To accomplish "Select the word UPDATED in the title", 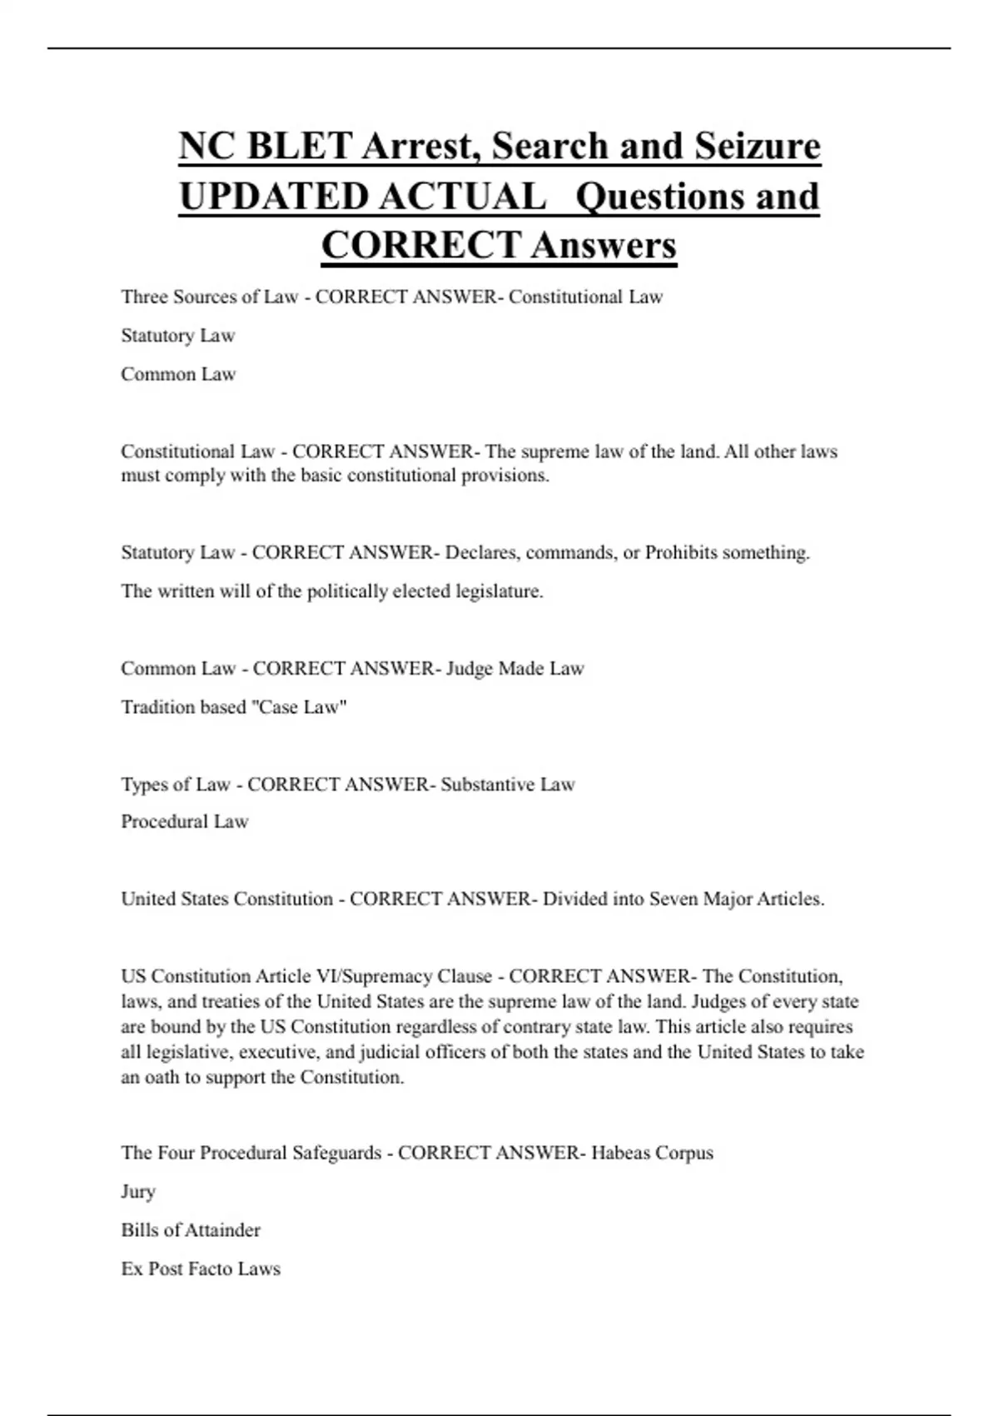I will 273,197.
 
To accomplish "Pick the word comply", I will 189,476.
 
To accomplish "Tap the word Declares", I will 483,553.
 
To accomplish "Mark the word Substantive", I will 487,785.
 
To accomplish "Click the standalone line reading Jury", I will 138,1192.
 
